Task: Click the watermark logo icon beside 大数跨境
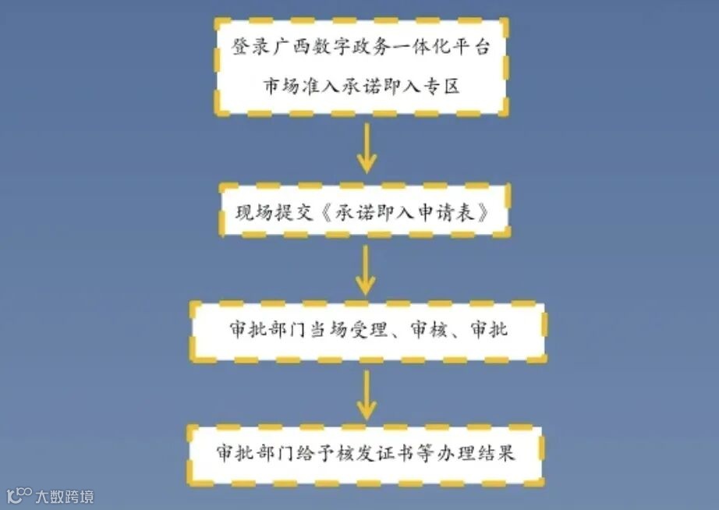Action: [19, 495]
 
